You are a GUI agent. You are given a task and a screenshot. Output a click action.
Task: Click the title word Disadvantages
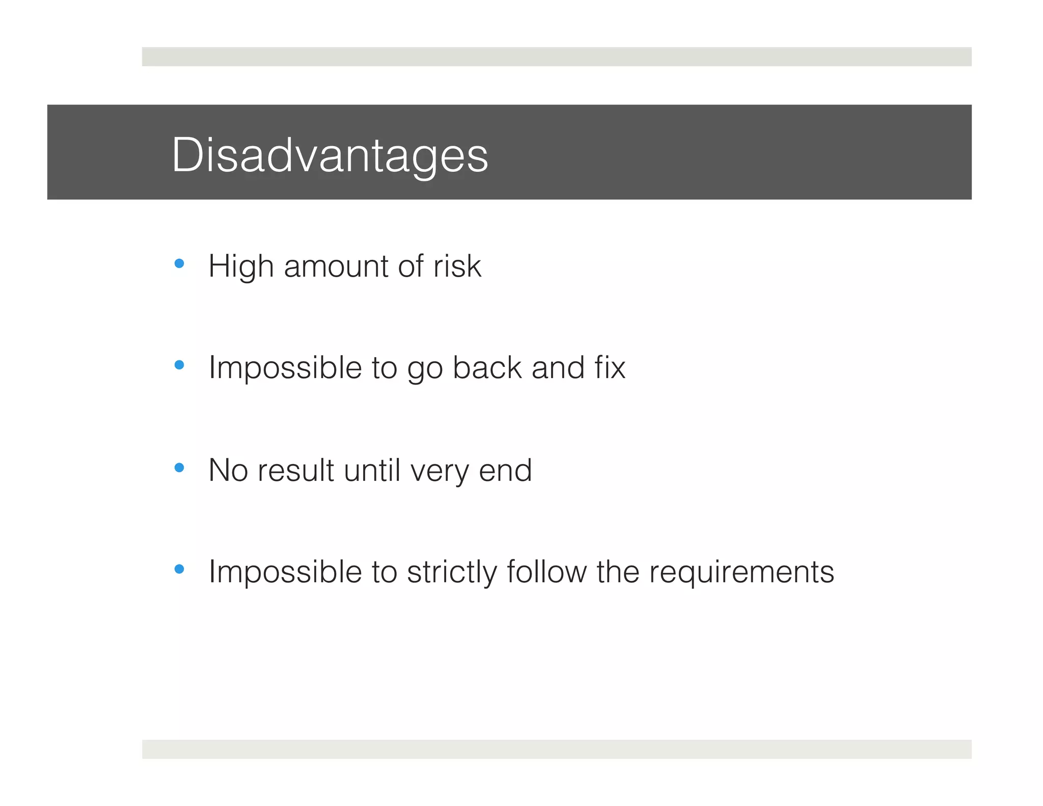(330, 155)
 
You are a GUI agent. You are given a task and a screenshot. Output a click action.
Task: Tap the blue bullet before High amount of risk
(179, 263)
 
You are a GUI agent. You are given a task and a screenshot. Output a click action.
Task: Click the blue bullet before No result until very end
(179, 467)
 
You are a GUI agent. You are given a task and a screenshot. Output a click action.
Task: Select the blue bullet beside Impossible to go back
(179, 365)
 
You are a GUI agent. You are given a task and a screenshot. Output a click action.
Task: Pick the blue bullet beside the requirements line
(179, 569)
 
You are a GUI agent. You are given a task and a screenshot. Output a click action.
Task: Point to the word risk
(457, 266)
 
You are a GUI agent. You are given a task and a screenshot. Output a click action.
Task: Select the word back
(487, 368)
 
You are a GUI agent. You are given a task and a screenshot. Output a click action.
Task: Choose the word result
(295, 470)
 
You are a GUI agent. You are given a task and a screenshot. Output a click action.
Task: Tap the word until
(372, 470)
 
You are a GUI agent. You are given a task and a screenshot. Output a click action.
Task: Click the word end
(505, 470)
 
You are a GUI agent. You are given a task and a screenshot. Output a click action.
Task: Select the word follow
(546, 572)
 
